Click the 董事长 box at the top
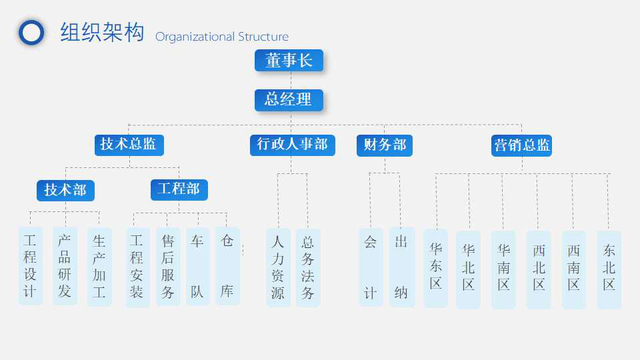(289, 61)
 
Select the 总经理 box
(289, 100)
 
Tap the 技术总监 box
(129, 145)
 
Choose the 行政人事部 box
(292, 145)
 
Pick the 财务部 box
(385, 145)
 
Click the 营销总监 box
(521, 145)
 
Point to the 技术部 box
(65, 190)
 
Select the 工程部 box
(179, 189)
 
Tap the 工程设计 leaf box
(30, 266)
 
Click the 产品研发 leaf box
(65, 266)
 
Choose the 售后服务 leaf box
(168, 267)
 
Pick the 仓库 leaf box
(227, 267)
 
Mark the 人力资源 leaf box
(278, 267)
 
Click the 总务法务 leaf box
(307, 267)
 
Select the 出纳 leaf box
(401, 267)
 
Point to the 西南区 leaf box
(573, 269)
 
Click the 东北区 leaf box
(609, 269)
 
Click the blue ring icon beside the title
(31, 33)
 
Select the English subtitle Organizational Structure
(222, 37)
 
